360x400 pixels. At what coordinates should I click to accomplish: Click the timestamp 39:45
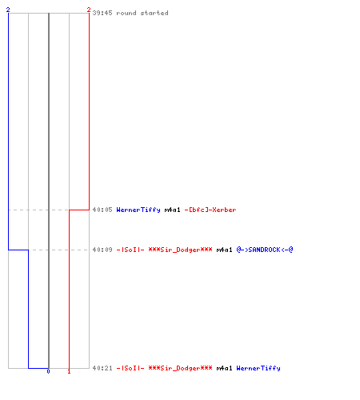pos(102,13)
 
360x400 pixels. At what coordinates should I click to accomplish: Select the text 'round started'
pos(142,13)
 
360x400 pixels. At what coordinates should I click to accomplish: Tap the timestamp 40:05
pos(102,210)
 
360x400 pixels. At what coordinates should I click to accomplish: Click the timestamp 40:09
pos(102,250)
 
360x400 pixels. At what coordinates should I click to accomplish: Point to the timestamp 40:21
pos(102,368)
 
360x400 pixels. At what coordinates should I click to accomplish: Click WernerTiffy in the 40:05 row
pos(138,210)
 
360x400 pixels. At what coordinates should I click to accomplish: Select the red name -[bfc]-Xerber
pos(210,210)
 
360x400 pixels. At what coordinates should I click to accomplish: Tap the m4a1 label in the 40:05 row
pos(172,210)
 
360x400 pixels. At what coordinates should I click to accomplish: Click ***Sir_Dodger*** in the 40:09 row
pos(181,250)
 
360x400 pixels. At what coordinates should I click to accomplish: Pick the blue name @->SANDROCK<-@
pos(265,250)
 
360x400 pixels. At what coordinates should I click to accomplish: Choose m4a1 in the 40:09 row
pos(224,250)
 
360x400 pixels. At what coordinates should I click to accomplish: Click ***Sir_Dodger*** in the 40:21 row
pos(181,368)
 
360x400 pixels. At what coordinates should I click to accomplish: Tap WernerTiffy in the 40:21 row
pos(258,369)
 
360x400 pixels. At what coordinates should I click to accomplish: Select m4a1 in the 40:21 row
pos(224,368)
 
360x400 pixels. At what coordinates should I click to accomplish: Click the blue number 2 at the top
pos(8,10)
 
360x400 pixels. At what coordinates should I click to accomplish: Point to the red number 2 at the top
pos(89,10)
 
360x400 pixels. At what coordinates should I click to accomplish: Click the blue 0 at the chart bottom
pos(48,371)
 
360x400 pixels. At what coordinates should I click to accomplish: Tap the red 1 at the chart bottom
pos(69,371)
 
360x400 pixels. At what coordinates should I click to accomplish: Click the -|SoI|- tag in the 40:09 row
pos(130,250)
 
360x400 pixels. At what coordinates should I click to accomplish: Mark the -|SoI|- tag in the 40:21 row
pos(130,368)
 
